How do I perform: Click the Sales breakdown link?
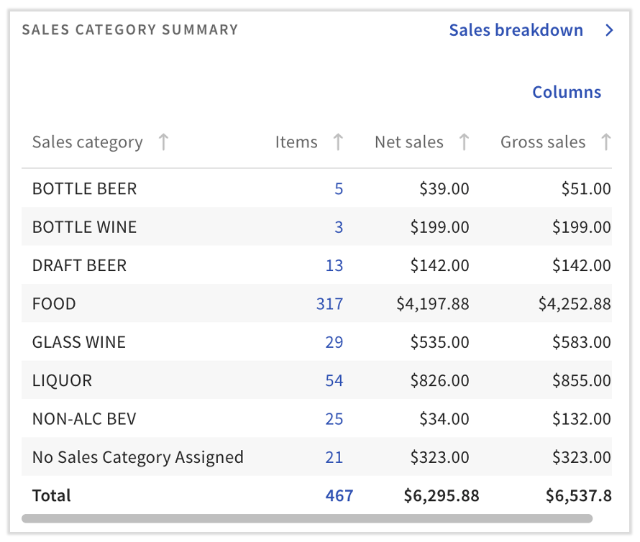516,30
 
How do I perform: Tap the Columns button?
567,92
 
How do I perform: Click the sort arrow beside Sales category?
163,142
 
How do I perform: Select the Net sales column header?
409,142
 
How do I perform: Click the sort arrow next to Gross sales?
606,142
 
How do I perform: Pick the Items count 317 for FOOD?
329,304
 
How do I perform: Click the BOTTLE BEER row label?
84,189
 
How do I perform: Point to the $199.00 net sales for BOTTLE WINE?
439,227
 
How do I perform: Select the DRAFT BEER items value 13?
334,265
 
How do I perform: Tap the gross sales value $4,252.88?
575,304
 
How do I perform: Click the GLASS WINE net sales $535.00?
439,342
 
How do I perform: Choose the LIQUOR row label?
62,380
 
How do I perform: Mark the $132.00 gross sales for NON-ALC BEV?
581,419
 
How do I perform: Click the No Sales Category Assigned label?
138,457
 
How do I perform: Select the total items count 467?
338,495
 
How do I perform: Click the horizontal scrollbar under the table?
307,518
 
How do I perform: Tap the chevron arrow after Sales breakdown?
610,30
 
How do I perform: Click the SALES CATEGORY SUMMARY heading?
130,30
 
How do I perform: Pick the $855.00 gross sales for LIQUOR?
581,380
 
